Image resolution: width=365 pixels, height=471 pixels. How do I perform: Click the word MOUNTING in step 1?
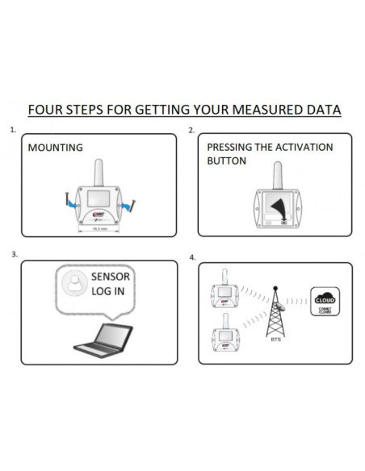point(55,148)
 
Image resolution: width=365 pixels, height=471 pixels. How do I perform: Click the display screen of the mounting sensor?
point(99,198)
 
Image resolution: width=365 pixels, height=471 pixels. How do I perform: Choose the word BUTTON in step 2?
point(227,161)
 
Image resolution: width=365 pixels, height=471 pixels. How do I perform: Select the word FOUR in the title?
point(44,109)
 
